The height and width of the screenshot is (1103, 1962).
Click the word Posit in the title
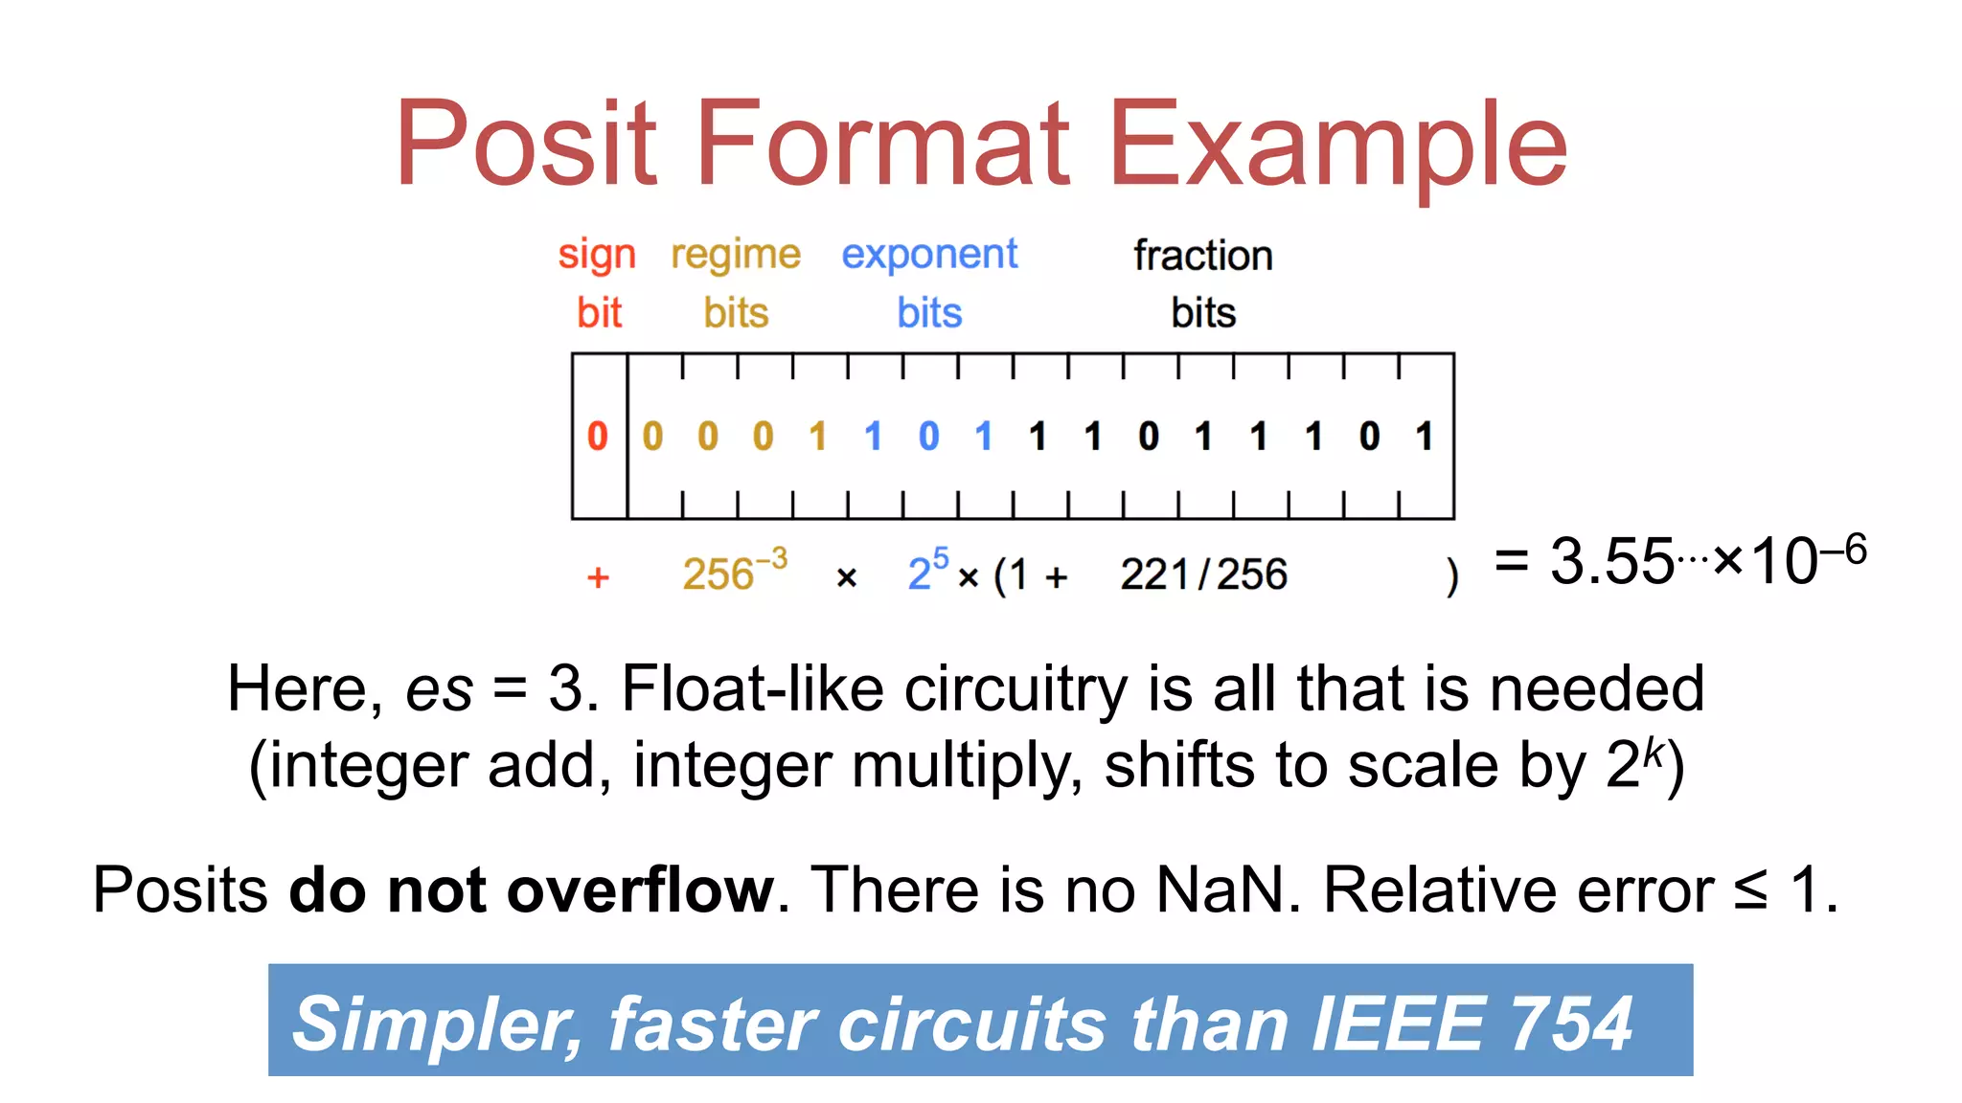pos(526,144)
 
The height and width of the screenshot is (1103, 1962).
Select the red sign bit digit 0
pos(598,437)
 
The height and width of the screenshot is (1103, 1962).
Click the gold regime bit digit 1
pos(817,437)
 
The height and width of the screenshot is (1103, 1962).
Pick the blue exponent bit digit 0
pos(928,437)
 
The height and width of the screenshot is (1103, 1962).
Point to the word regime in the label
pos(735,256)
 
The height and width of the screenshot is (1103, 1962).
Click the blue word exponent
pos(928,256)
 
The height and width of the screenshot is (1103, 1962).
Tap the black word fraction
pos(1203,256)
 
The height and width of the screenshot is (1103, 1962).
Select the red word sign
pos(597,256)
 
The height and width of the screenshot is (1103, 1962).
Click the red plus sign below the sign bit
pos(598,576)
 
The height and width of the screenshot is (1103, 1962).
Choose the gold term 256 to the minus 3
pos(734,571)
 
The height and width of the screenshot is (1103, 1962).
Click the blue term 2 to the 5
pos(927,571)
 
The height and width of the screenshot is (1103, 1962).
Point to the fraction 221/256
pos(1203,574)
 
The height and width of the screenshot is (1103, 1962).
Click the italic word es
pos(439,688)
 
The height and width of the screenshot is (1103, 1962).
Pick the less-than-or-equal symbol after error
pos(1750,889)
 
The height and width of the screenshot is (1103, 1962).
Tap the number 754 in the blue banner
pos(1571,1023)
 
